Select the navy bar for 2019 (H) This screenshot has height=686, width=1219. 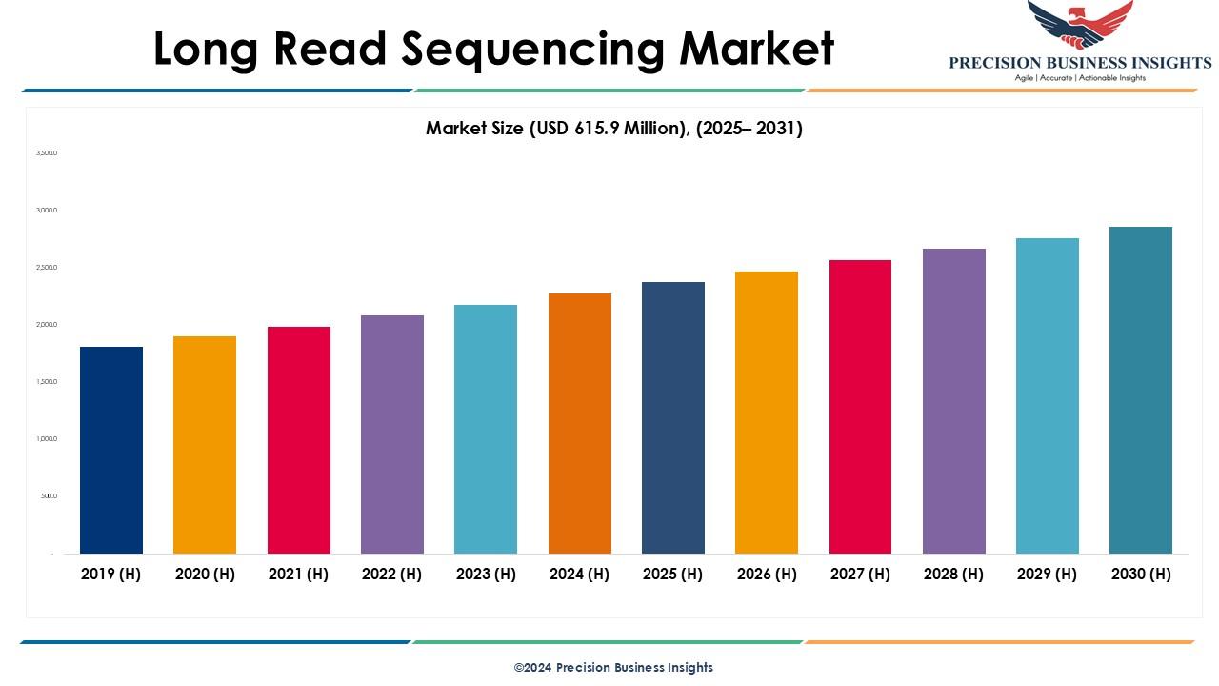(x=111, y=450)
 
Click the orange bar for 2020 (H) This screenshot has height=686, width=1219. (x=205, y=444)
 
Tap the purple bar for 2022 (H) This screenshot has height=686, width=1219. (x=392, y=434)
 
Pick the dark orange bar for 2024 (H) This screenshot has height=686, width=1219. (x=580, y=423)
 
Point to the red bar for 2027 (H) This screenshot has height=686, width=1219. (x=860, y=406)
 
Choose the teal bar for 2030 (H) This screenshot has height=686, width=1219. (x=1141, y=390)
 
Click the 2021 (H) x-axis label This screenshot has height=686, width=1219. (x=298, y=574)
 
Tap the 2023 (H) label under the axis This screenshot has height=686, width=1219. (x=486, y=574)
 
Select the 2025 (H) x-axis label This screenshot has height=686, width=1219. (x=672, y=574)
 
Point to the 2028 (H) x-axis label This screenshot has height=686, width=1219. (x=953, y=574)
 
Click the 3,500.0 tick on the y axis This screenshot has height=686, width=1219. (x=47, y=152)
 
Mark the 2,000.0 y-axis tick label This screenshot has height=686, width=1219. (x=47, y=325)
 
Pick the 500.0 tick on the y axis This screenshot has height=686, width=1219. (x=49, y=496)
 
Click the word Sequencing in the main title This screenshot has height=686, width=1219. (x=530, y=50)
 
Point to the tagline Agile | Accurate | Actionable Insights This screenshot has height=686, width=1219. (x=1080, y=78)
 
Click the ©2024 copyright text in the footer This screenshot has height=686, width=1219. (x=613, y=667)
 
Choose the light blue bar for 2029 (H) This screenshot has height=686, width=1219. (x=1048, y=395)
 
